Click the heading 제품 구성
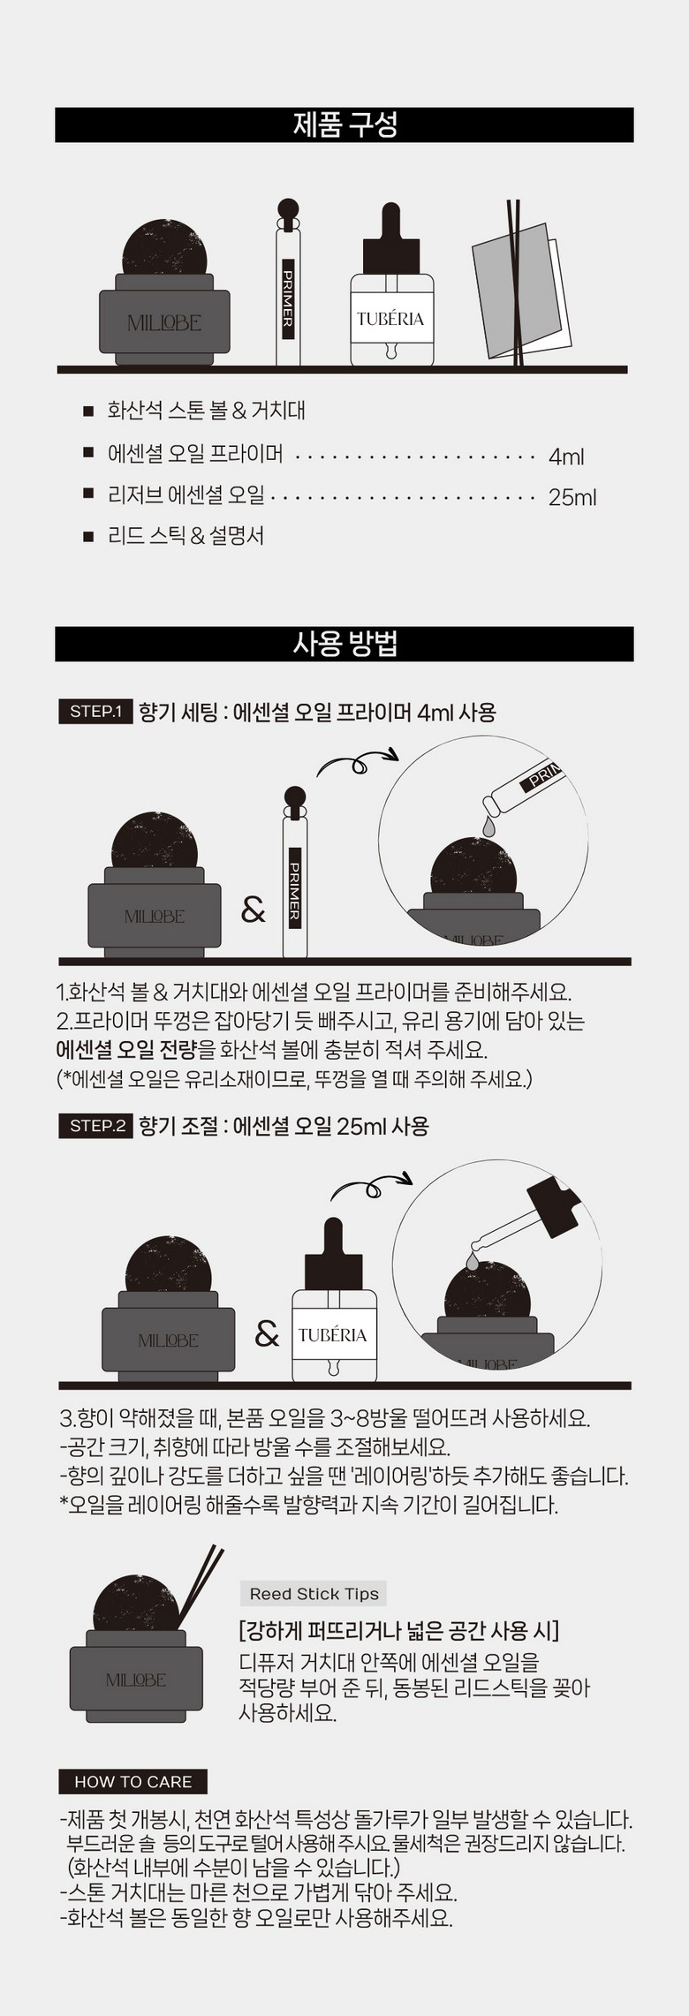click(x=344, y=125)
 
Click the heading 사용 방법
click(x=344, y=644)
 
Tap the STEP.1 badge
click(x=95, y=712)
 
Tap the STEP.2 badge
click(x=95, y=1126)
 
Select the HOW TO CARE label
click(x=133, y=1782)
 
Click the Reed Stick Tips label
click(x=314, y=1594)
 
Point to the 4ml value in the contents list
click(x=566, y=457)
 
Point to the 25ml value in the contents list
click(x=572, y=497)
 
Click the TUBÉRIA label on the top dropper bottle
click(x=390, y=319)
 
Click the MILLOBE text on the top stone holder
click(x=164, y=323)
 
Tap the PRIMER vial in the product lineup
click(x=287, y=283)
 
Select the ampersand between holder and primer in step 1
click(x=254, y=909)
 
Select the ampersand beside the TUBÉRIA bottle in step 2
click(x=267, y=1333)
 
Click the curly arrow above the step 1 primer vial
click(x=357, y=762)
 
